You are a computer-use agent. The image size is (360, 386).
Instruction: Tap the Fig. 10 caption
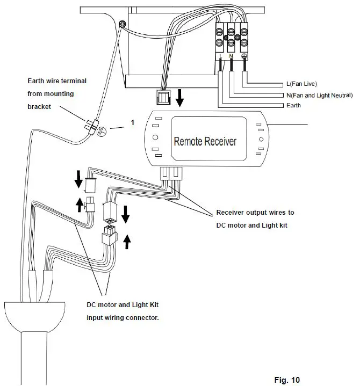[287, 380]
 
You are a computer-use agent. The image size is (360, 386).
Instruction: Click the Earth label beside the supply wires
[294, 106]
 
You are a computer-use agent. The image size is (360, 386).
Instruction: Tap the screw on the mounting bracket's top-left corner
[122, 24]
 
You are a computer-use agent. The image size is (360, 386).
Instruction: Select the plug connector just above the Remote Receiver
[162, 97]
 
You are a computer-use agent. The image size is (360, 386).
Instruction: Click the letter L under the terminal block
[221, 56]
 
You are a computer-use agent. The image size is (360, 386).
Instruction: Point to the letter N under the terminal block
[232, 56]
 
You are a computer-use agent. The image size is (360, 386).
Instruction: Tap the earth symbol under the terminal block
[244, 56]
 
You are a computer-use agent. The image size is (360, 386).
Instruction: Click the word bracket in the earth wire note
[40, 106]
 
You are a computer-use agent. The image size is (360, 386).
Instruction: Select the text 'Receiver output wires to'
[255, 213]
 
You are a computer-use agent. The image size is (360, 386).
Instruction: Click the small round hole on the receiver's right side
[261, 140]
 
